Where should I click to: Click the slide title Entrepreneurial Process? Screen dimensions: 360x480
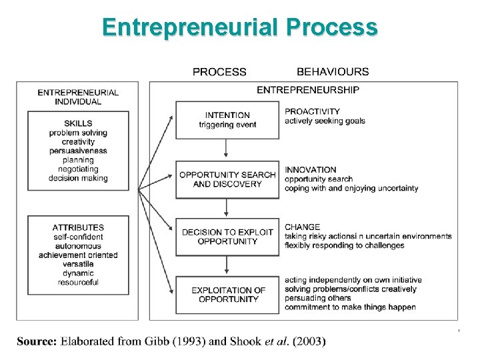(240, 27)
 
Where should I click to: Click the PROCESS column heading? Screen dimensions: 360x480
(219, 72)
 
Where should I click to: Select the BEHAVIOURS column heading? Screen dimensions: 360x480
(333, 72)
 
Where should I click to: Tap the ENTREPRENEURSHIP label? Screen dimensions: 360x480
(308, 89)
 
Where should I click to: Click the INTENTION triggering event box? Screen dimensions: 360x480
(227, 120)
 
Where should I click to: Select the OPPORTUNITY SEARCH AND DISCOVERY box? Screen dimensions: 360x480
(227, 179)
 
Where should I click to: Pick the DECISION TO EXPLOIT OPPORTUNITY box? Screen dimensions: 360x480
(227, 237)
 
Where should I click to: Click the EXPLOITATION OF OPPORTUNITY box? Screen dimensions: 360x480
(227, 295)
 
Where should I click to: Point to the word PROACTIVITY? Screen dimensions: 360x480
(312, 111)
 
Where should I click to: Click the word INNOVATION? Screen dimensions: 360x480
(311, 169)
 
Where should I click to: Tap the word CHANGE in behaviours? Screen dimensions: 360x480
(303, 227)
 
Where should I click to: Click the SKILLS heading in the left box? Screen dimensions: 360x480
(78, 123)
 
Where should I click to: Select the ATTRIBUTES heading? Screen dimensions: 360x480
(78, 227)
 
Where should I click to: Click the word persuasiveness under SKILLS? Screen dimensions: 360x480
(78, 151)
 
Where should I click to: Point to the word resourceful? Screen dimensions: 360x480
(78, 282)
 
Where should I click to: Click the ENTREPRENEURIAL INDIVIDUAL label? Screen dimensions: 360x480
(78, 97)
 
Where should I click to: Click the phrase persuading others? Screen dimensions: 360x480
(317, 298)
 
